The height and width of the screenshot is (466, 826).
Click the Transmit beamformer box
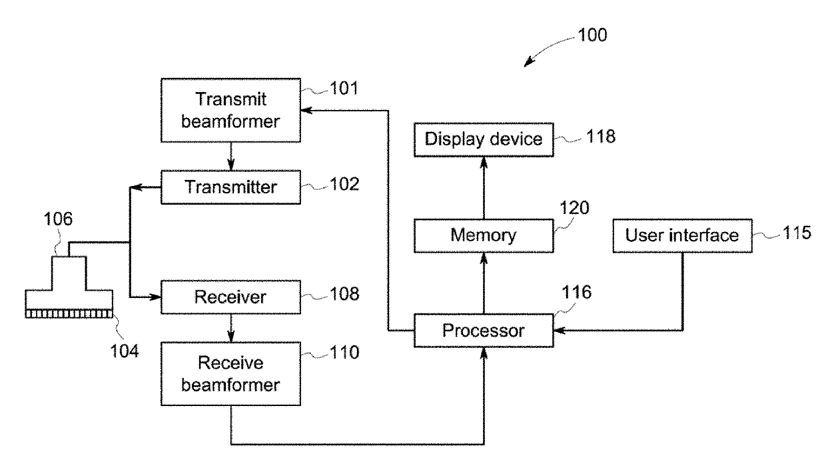230,109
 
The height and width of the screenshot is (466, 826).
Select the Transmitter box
230,187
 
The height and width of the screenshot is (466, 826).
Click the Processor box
484,329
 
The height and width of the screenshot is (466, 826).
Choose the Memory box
484,236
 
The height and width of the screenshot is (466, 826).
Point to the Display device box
484,139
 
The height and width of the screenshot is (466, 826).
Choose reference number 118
601,138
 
